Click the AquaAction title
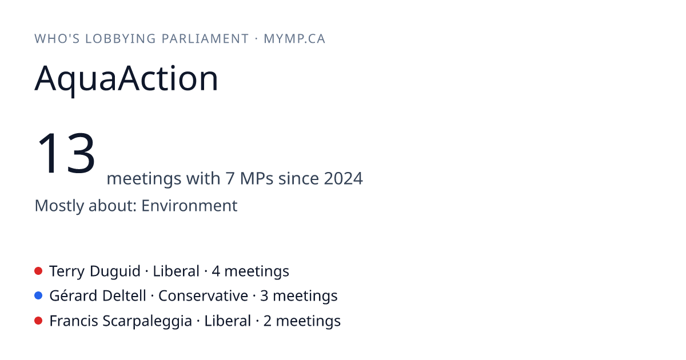coord(126,79)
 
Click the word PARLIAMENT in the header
coord(205,39)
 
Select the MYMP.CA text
coord(294,39)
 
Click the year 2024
coord(344,178)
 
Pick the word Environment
coord(189,205)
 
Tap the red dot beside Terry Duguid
coord(38,271)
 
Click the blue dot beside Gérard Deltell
coord(38,296)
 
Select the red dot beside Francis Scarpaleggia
coord(38,321)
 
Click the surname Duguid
coord(115,271)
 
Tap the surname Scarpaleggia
coord(147,321)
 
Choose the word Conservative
coord(203,296)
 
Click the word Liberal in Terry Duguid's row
coord(176,271)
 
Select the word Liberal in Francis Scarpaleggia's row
coord(228,321)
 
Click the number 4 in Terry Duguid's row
coord(216,271)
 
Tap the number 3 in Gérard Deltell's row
coord(264,297)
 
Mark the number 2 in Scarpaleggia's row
coord(268,321)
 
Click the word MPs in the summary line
coord(257,178)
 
